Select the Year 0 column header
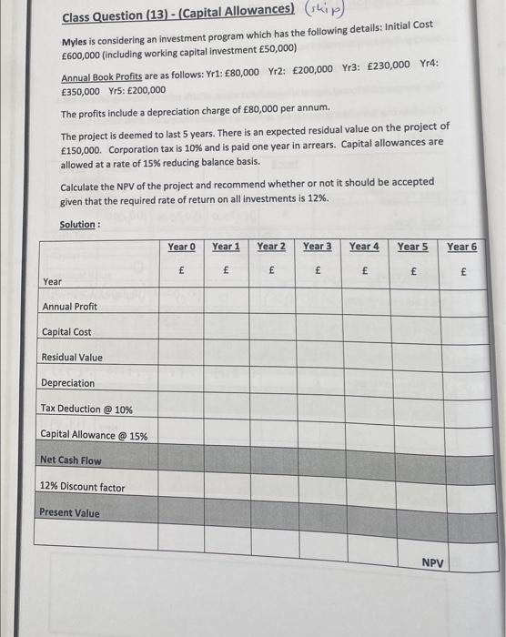181,247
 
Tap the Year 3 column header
318,247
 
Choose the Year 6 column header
461,247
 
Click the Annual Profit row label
69,307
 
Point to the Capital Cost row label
66,332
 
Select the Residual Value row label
72,358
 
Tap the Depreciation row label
67,383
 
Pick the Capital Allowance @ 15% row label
94,436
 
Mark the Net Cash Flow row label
71,460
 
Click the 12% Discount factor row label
83,488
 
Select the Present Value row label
69,512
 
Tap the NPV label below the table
433,563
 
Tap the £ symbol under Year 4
365,271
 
